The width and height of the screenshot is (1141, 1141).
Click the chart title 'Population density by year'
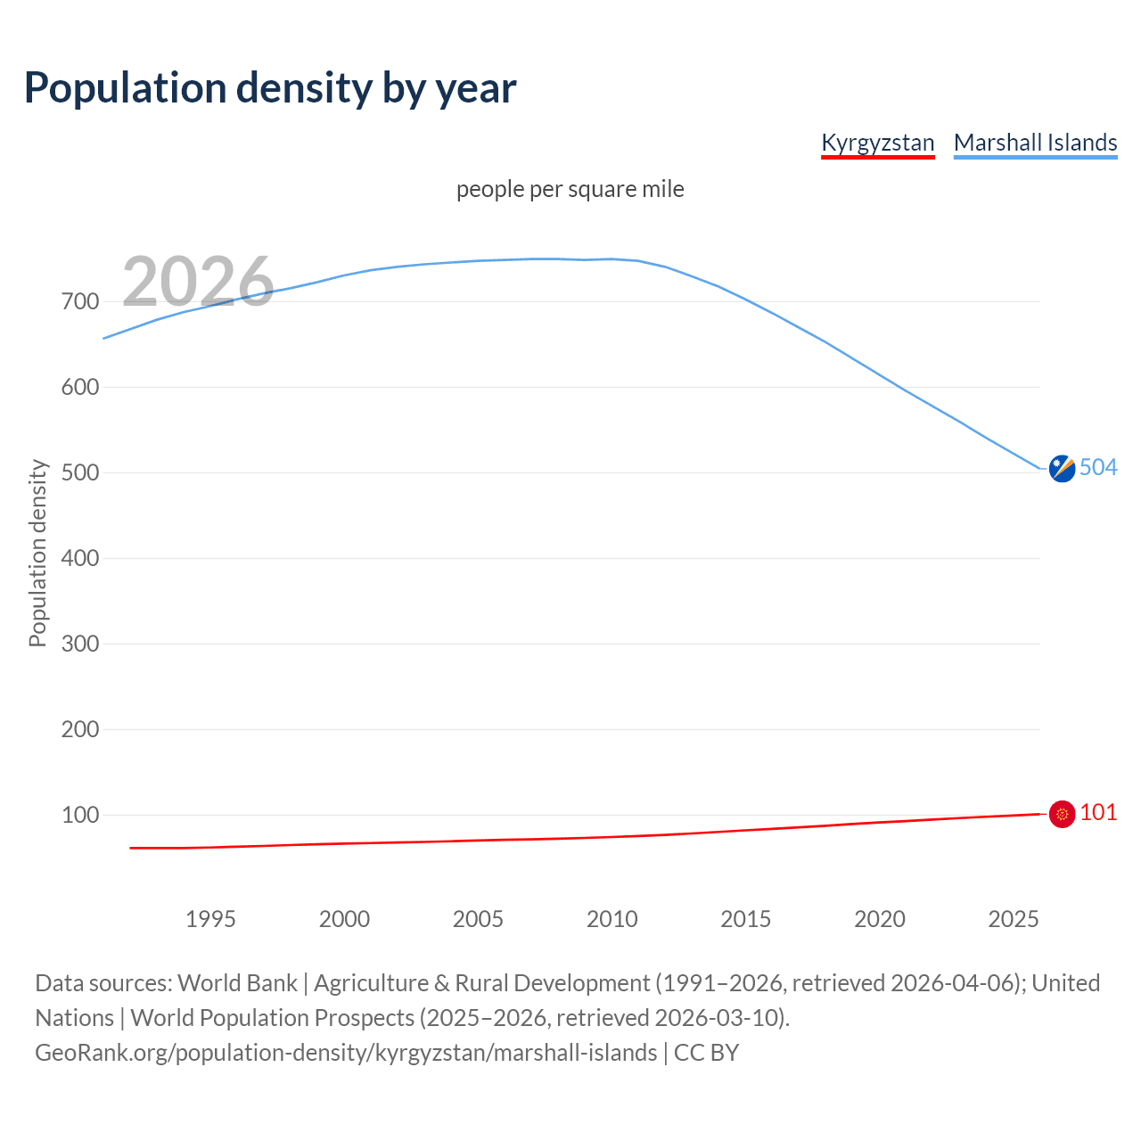[270, 88]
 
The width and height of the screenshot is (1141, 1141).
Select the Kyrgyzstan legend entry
[877, 143]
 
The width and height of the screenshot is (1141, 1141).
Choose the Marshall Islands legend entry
[1035, 143]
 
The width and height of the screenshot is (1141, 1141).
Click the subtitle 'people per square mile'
[570, 189]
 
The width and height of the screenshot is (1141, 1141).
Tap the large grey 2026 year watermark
[198, 282]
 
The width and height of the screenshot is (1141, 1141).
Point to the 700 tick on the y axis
[80, 301]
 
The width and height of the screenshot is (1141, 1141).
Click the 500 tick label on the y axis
[80, 472]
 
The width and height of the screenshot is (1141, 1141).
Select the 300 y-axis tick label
[80, 644]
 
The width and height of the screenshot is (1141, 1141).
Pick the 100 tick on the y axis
[80, 815]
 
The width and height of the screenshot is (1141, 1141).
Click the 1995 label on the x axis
[210, 919]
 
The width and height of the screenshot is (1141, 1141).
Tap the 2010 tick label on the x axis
[612, 919]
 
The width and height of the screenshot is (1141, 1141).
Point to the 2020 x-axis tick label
[879, 919]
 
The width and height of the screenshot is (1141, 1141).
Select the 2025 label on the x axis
[1013, 919]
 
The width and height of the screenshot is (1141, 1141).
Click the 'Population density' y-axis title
[37, 553]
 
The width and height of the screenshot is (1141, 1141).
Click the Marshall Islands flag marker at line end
[1062, 468]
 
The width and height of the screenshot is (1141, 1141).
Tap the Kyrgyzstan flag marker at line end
[1062, 814]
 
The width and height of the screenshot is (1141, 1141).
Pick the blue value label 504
[1098, 467]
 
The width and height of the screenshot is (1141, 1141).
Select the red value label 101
[1098, 812]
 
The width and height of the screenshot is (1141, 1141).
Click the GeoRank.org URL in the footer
[346, 1053]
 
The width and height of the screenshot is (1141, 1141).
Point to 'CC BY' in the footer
[706, 1053]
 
